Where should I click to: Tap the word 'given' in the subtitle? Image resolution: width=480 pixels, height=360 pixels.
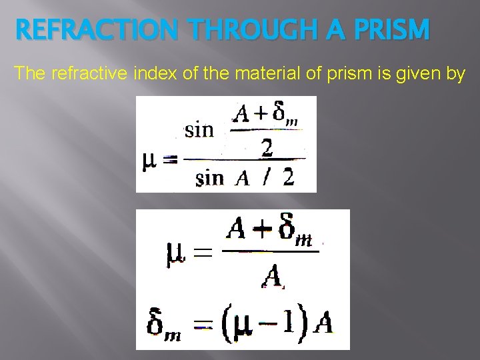pos(419,73)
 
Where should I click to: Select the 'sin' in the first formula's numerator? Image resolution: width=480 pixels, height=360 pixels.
pos(199,129)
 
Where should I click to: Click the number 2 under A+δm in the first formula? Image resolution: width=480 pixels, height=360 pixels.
pos(267,148)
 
